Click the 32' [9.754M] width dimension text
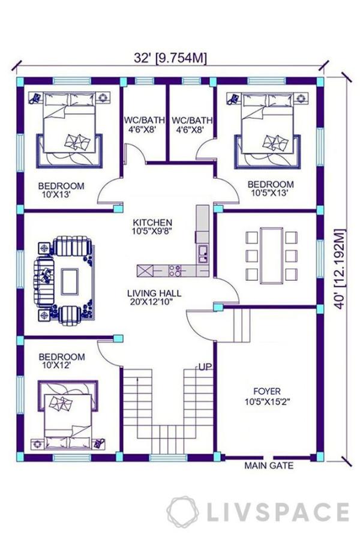[x=170, y=58]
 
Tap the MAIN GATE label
[x=269, y=466]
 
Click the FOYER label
[x=267, y=391]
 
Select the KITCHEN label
[x=152, y=222]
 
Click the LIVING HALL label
[x=154, y=293]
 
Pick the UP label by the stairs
[x=205, y=367]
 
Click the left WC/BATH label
[x=145, y=120]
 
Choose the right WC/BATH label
[x=192, y=120]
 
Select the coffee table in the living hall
[x=70, y=282]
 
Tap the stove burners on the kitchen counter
[x=175, y=271]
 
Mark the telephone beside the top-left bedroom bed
[x=34, y=98]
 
